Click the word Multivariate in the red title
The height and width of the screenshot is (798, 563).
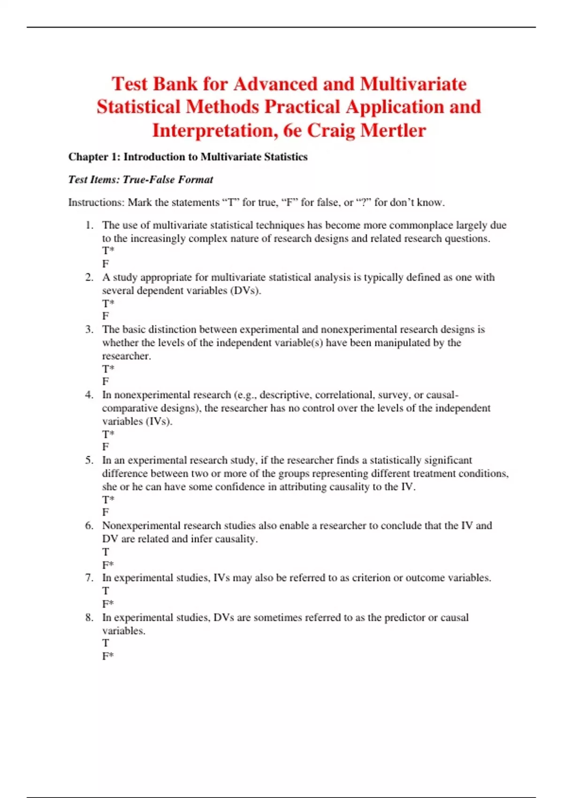pos(413,84)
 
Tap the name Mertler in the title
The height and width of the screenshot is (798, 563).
pos(398,130)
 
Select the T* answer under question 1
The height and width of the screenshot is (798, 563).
pos(108,251)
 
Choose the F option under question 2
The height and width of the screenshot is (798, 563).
pos(106,316)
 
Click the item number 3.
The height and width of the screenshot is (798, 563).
pos(89,330)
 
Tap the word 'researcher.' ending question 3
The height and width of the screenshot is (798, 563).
pos(127,356)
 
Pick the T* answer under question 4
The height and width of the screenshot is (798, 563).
pos(108,434)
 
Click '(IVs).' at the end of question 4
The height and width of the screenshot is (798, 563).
pos(159,421)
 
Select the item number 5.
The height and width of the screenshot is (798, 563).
pos(89,460)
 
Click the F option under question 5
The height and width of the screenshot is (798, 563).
pos(106,513)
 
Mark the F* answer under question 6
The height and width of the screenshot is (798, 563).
pos(108,565)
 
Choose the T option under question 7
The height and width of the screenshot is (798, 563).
pos(106,591)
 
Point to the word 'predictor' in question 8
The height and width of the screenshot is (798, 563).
pos(404,617)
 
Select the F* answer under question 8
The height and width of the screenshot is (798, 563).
pos(108,656)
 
